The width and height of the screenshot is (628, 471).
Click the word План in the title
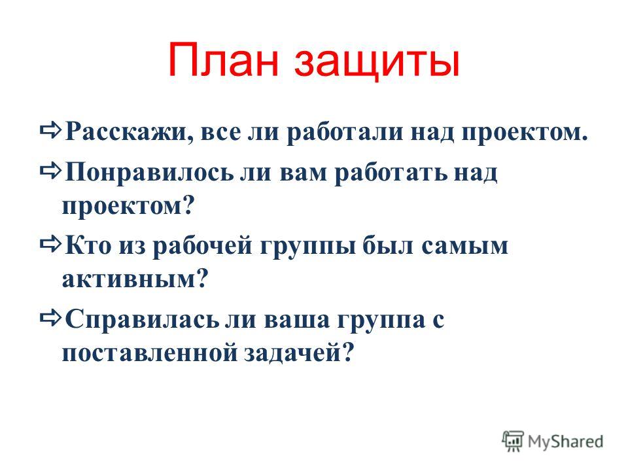point(223,60)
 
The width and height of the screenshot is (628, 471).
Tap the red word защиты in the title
point(377,63)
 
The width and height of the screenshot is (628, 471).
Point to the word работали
point(345,131)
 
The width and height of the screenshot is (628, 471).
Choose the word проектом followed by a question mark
point(128,207)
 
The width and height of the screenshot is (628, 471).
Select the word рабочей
point(202,245)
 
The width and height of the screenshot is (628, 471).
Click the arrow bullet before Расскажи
point(51,130)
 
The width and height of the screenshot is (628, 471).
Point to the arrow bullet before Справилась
point(51,318)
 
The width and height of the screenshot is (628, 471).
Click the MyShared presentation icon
point(513,441)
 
